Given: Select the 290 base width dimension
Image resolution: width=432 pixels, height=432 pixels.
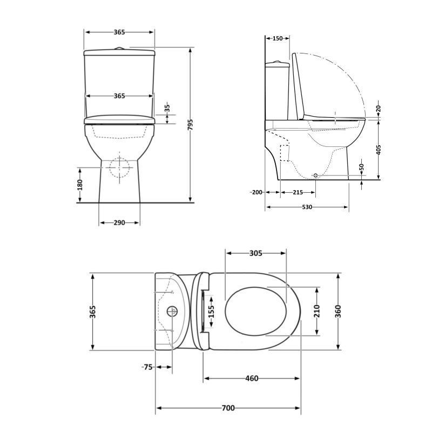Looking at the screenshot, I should [119, 222].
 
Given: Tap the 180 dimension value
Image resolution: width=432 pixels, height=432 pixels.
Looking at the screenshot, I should [80, 185].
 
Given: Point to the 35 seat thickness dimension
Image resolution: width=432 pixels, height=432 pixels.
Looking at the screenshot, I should [167, 109].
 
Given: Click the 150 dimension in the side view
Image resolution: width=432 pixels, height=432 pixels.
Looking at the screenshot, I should [278, 38].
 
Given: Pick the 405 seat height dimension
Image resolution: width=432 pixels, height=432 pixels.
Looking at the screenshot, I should [379, 150].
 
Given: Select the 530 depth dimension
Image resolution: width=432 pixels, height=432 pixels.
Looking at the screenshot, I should [307, 207].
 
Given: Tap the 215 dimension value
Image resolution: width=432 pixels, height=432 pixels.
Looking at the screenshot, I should [298, 192].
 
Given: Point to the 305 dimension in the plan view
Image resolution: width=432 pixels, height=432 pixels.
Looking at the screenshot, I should [256, 253].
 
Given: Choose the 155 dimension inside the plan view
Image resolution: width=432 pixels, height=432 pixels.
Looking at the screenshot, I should [212, 312].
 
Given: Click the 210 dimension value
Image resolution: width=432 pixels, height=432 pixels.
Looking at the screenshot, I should [317, 312].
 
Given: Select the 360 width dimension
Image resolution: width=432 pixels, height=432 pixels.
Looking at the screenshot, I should [339, 312].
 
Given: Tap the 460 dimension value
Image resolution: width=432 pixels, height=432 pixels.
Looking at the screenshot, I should [252, 378].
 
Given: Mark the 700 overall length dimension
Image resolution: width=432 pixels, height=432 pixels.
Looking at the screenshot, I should [228, 408].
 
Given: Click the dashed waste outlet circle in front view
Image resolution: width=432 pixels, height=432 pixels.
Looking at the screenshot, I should [120, 167].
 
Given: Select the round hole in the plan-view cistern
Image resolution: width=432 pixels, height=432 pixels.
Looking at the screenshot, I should [172, 311].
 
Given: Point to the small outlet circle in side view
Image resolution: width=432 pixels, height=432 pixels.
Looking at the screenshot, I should [316, 176].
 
